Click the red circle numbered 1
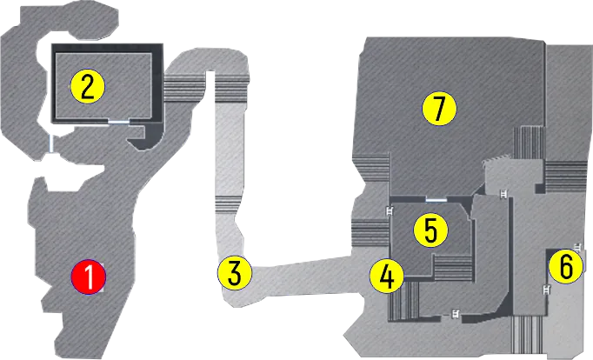click(x=89, y=277)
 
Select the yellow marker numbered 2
click(x=88, y=87)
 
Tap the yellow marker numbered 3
click(x=235, y=273)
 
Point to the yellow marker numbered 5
click(x=430, y=230)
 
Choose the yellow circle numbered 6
click(x=566, y=267)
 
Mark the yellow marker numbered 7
click(x=439, y=109)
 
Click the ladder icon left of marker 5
click(x=390, y=210)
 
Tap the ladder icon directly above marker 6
click(x=578, y=248)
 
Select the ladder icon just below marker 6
click(x=546, y=290)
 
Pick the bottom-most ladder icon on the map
click(x=456, y=314)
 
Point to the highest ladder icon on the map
click(x=503, y=193)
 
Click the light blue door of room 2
click(x=119, y=122)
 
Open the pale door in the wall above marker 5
click(x=436, y=199)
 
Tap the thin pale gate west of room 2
click(x=51, y=143)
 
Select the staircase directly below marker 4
click(x=404, y=301)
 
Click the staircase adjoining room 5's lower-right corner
click(x=454, y=268)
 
